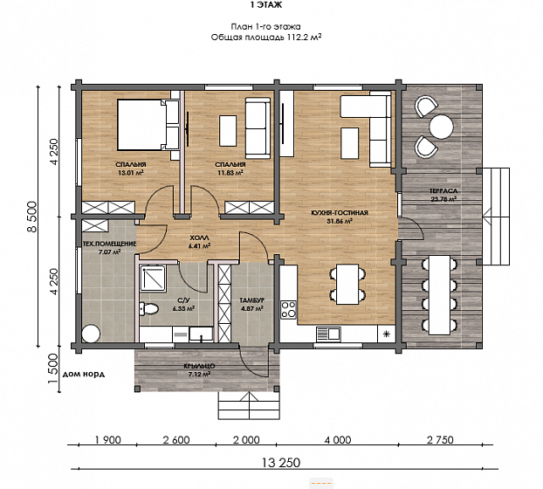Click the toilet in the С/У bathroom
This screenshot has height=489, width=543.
(149, 308)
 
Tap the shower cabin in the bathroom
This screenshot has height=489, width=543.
(153, 278)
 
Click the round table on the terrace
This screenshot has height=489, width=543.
(441, 127)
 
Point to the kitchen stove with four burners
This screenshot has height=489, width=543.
(288, 310)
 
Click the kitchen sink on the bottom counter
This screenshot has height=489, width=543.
(328, 334)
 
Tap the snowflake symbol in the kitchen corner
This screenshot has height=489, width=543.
(387, 334)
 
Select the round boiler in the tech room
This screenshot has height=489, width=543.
(91, 334)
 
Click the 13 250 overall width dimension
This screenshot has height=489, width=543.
(281, 463)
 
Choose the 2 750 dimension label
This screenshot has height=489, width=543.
(440, 440)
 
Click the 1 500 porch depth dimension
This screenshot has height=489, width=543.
(52, 368)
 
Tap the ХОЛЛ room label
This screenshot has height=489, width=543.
(199, 238)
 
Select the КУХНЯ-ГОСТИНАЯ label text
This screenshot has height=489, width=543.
(340, 213)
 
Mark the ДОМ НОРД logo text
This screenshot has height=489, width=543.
(84, 375)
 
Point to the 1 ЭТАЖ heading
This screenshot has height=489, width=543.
(265, 5)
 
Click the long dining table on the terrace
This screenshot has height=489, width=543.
(439, 295)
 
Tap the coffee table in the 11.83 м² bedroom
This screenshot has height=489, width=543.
(228, 131)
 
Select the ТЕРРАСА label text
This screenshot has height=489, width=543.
(443, 191)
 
